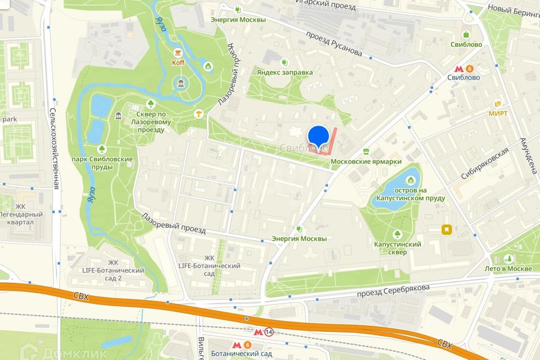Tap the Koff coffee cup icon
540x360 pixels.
[178, 52]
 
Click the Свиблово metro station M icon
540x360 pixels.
[464, 65]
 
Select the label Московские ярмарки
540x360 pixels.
[366, 161]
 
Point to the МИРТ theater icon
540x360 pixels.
[498, 103]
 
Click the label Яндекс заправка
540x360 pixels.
[285, 73]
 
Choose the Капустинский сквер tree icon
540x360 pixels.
[398, 233]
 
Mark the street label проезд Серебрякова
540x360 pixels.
[393, 291]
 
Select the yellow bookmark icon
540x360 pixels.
[447, 229]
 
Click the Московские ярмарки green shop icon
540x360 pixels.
[366, 151]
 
